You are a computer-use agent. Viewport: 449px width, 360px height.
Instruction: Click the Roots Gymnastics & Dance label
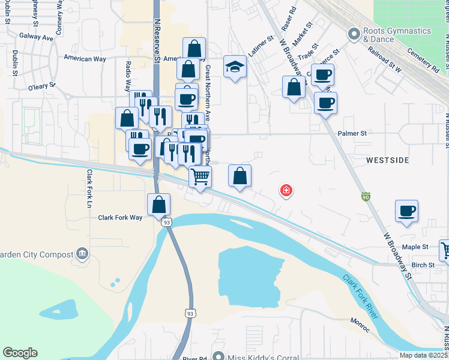point(397,35)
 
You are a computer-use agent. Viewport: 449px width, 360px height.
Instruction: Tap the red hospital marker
point(286,191)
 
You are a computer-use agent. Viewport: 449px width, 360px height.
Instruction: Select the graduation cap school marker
point(235,68)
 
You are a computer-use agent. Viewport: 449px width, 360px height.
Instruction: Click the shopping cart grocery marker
point(200,176)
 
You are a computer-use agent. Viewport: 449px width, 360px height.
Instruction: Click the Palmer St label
point(352,134)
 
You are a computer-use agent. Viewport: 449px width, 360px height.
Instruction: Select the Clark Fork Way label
point(120,217)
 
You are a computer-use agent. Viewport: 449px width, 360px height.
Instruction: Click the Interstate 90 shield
point(366,197)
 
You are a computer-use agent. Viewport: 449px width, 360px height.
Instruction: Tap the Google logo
point(20,353)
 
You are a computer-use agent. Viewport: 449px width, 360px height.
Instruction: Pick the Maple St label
point(415,247)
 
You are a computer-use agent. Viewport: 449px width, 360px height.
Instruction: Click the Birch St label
point(423,265)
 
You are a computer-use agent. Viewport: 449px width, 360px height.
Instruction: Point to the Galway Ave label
point(35,37)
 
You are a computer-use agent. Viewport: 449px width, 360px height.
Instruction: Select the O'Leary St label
point(41,87)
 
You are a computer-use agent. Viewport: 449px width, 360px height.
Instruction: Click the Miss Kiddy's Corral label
point(262,358)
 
